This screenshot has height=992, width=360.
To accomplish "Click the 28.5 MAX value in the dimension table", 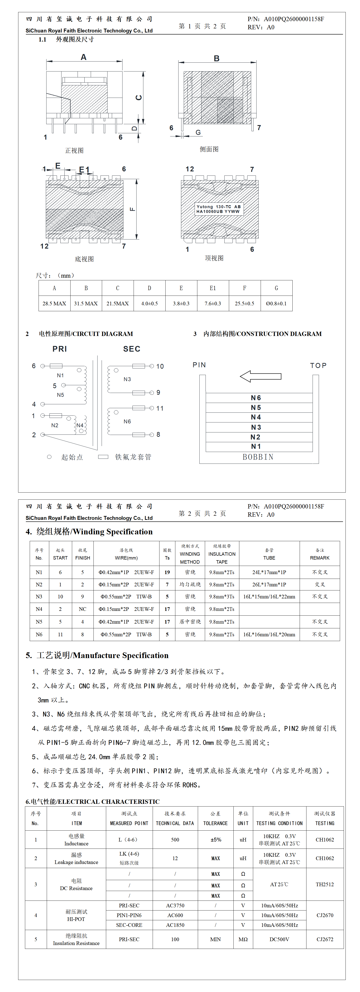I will pos(54,304).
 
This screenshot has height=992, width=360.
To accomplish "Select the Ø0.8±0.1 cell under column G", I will pos(276,304).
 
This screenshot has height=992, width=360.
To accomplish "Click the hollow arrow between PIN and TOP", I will pos(261,376).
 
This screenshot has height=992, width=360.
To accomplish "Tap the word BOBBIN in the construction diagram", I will pos(258,457).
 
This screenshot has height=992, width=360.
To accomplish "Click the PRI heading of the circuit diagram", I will pos(60,349).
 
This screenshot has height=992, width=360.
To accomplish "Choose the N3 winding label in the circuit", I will pos(127,379).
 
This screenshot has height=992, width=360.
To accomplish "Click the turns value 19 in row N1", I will pos(167,572).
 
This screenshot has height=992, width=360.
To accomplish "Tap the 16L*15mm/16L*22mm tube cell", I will pos(269,597).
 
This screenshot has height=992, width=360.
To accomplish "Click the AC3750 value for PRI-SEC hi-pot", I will pos(175,905).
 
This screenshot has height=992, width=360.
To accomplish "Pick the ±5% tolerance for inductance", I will pos(216,839).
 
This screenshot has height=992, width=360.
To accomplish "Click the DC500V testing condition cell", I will pos(279,939).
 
